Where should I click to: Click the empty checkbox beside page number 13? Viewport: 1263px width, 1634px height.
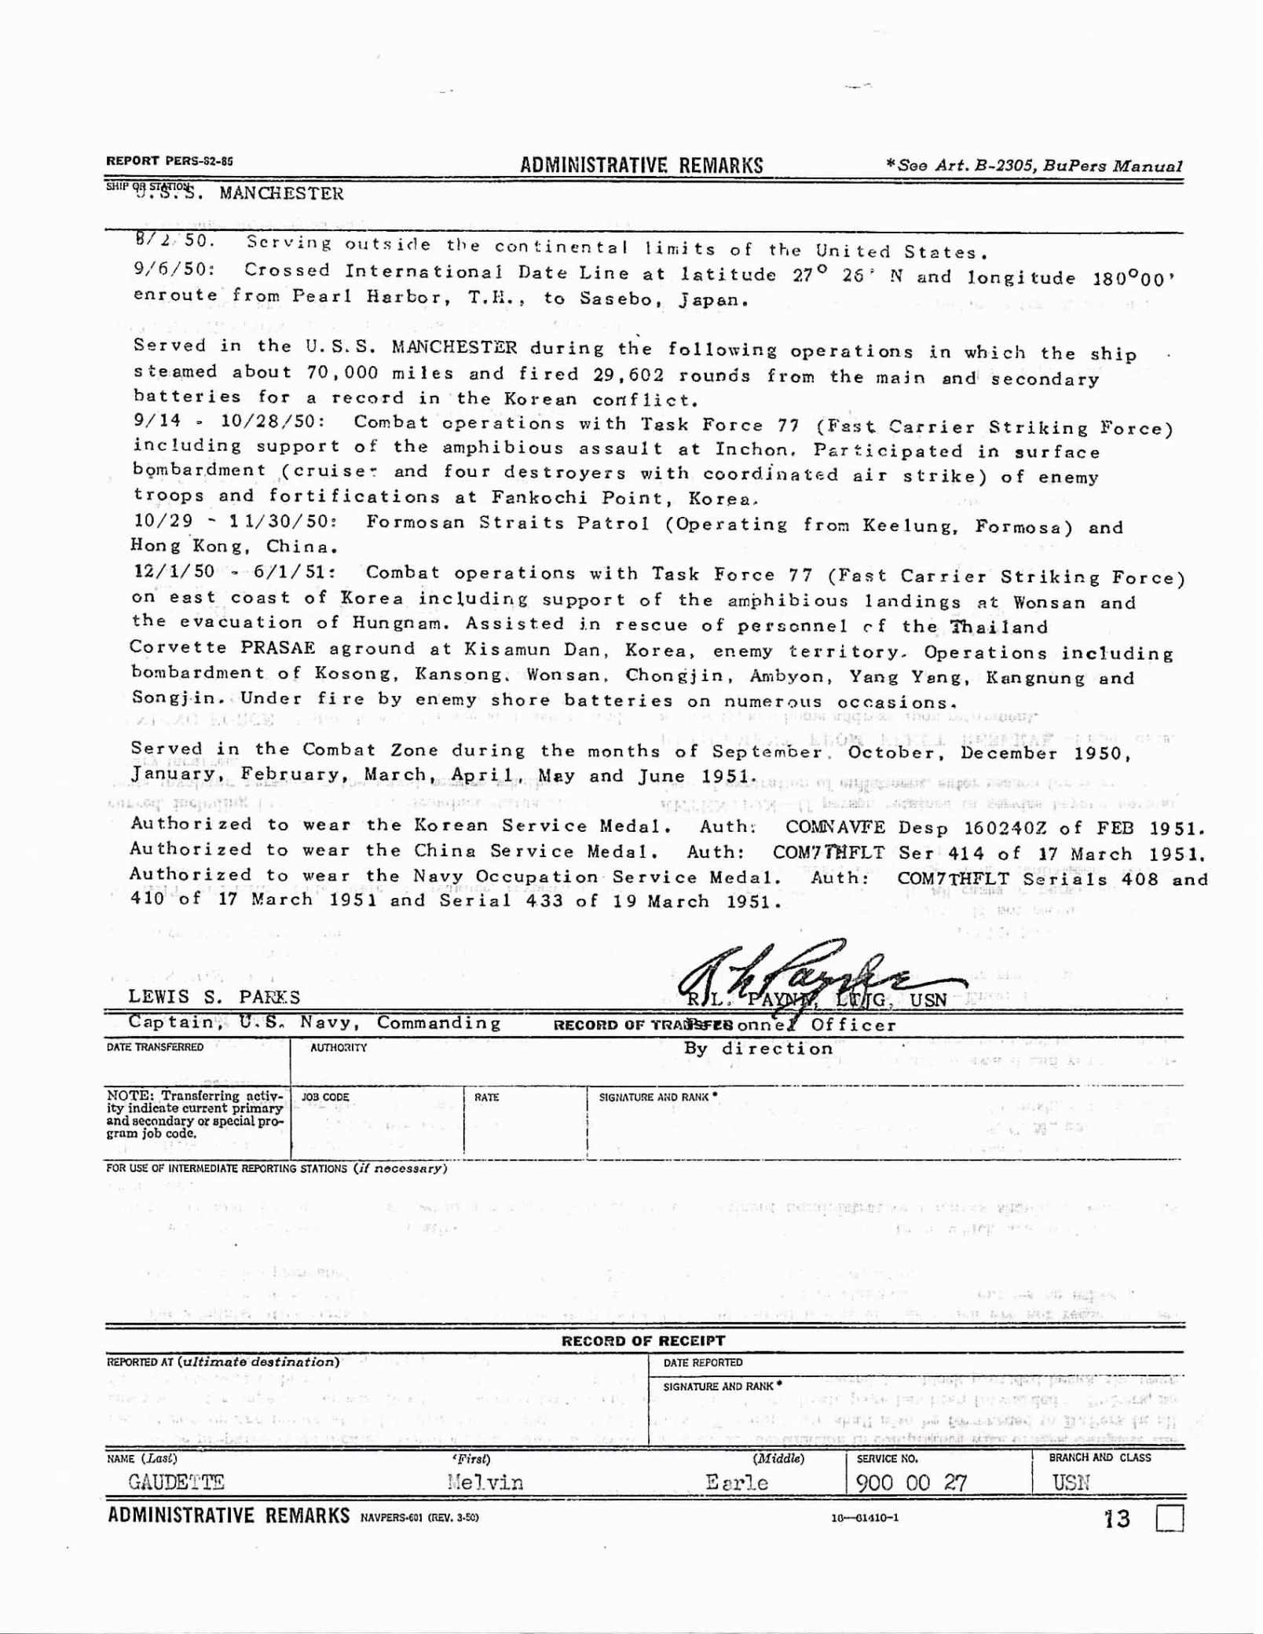pyautogui.click(x=1170, y=1519)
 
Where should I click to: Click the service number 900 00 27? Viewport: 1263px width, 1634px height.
pyautogui.click(x=911, y=1482)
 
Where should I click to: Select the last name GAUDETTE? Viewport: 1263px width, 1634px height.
pyautogui.click(x=177, y=1482)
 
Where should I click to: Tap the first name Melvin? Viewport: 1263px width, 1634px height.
pyautogui.click(x=485, y=1482)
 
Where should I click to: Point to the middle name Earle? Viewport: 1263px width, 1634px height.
pyautogui.click(x=737, y=1482)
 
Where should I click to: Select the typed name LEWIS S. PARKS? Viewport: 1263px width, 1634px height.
pyautogui.click(x=214, y=997)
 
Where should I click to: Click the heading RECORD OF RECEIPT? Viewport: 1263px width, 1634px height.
pyautogui.click(x=643, y=1341)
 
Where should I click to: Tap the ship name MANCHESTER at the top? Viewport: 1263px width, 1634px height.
pyautogui.click(x=281, y=194)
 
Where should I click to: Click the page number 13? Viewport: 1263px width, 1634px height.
pyautogui.click(x=1117, y=1519)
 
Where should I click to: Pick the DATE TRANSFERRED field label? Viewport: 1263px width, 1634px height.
pyautogui.click(x=155, y=1047)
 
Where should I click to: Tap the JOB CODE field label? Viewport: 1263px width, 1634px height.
pyautogui.click(x=325, y=1097)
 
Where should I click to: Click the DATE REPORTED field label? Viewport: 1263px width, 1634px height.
pyautogui.click(x=703, y=1363)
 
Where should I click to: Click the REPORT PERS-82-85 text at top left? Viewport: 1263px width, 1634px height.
pyautogui.click(x=170, y=162)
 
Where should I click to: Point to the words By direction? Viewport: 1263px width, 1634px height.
pyautogui.click(x=758, y=1049)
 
